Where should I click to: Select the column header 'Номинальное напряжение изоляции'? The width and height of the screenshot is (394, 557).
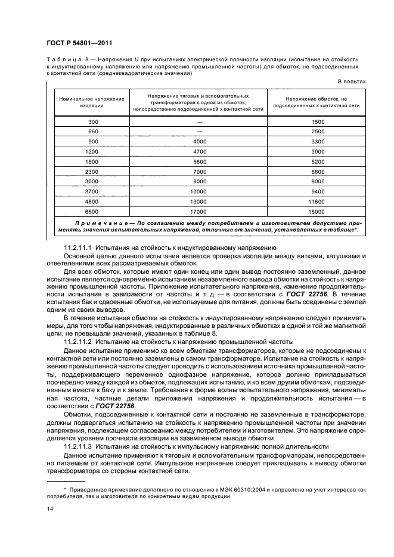[x=92, y=101]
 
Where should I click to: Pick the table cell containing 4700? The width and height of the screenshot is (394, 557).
[x=199, y=152]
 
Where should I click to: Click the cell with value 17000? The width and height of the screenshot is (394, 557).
[x=199, y=211]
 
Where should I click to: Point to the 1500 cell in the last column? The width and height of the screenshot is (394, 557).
[x=317, y=122]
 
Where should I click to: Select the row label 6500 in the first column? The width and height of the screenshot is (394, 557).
[x=92, y=211]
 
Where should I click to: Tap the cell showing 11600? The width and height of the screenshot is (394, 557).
[x=317, y=201]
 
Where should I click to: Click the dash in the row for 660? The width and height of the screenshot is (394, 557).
[x=199, y=132]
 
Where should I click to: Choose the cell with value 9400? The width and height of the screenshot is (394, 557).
[x=317, y=191]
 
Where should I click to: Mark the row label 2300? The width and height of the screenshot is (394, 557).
[x=92, y=171]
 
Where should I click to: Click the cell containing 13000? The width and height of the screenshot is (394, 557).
[x=199, y=201]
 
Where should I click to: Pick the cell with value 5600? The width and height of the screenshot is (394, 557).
[x=199, y=161]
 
